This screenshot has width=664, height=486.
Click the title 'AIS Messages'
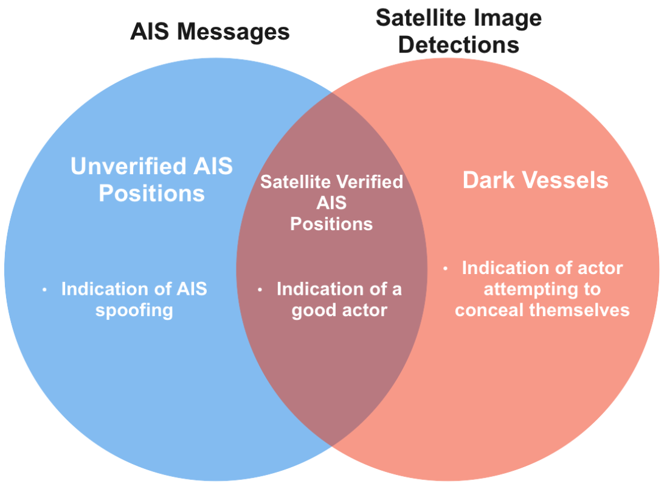pyautogui.click(x=210, y=32)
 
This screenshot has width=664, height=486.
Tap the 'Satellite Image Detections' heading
pyautogui.click(x=458, y=32)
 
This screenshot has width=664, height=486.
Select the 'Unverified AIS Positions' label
pyautogui.click(x=151, y=180)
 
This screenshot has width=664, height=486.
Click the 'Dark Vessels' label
pyautogui.click(x=535, y=180)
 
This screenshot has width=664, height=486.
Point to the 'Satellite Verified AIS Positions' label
pyautogui.click(x=331, y=203)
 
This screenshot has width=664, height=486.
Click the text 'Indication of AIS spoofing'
pyautogui.click(x=134, y=299)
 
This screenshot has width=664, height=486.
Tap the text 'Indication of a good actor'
pyautogui.click(x=339, y=299)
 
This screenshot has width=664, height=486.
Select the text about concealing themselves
pyautogui.click(x=542, y=289)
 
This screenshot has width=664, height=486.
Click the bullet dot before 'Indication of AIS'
pyautogui.click(x=44, y=290)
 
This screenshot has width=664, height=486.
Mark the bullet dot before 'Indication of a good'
pyautogui.click(x=260, y=290)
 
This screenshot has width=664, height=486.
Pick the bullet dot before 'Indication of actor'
pyautogui.click(x=445, y=268)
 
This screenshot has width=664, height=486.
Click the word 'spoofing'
pyautogui.click(x=134, y=310)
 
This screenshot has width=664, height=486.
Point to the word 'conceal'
pyautogui.click(x=488, y=310)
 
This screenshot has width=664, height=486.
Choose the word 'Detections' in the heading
pyautogui.click(x=458, y=45)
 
